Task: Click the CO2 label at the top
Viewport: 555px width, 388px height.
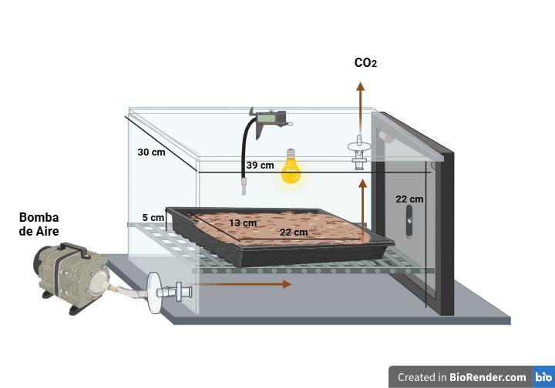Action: [x=365, y=63]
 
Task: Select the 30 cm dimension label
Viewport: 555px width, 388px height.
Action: [x=151, y=152]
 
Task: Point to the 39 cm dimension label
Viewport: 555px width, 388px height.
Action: [x=260, y=166]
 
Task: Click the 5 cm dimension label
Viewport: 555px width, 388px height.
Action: [x=153, y=218]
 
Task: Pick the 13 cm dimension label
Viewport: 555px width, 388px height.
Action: [x=243, y=223]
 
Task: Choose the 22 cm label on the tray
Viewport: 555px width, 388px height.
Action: [x=294, y=232]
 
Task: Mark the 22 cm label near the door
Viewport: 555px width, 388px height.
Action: [x=409, y=199]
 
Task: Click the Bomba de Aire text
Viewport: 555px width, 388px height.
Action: [x=39, y=224]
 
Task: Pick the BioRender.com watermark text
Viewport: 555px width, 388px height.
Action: [x=462, y=377]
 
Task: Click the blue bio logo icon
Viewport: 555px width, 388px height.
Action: [x=543, y=377]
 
